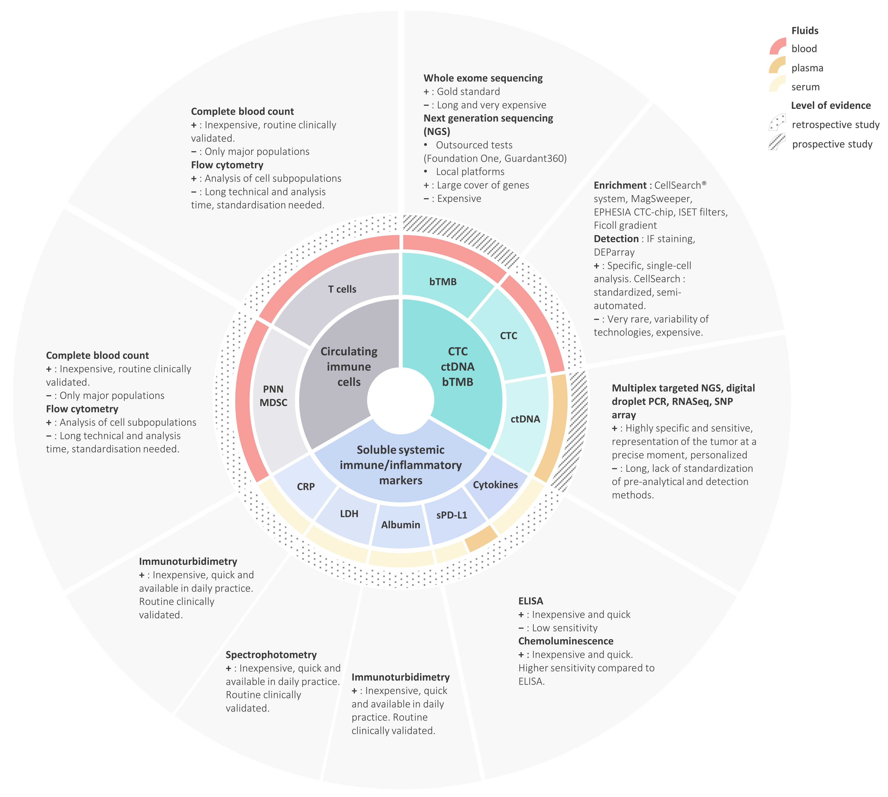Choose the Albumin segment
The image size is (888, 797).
[400, 525]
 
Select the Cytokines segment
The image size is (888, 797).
[495, 485]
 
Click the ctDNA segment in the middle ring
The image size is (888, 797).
[525, 419]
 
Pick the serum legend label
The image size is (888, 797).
[805, 87]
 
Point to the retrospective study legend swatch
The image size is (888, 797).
[777, 123]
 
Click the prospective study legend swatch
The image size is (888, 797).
[777, 142]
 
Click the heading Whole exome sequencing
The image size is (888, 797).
[483, 78]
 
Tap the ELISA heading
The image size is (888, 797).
[530, 601]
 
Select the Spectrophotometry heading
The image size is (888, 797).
[271, 655]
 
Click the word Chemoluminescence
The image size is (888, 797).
[566, 641]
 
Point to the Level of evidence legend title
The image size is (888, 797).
[831, 106]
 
